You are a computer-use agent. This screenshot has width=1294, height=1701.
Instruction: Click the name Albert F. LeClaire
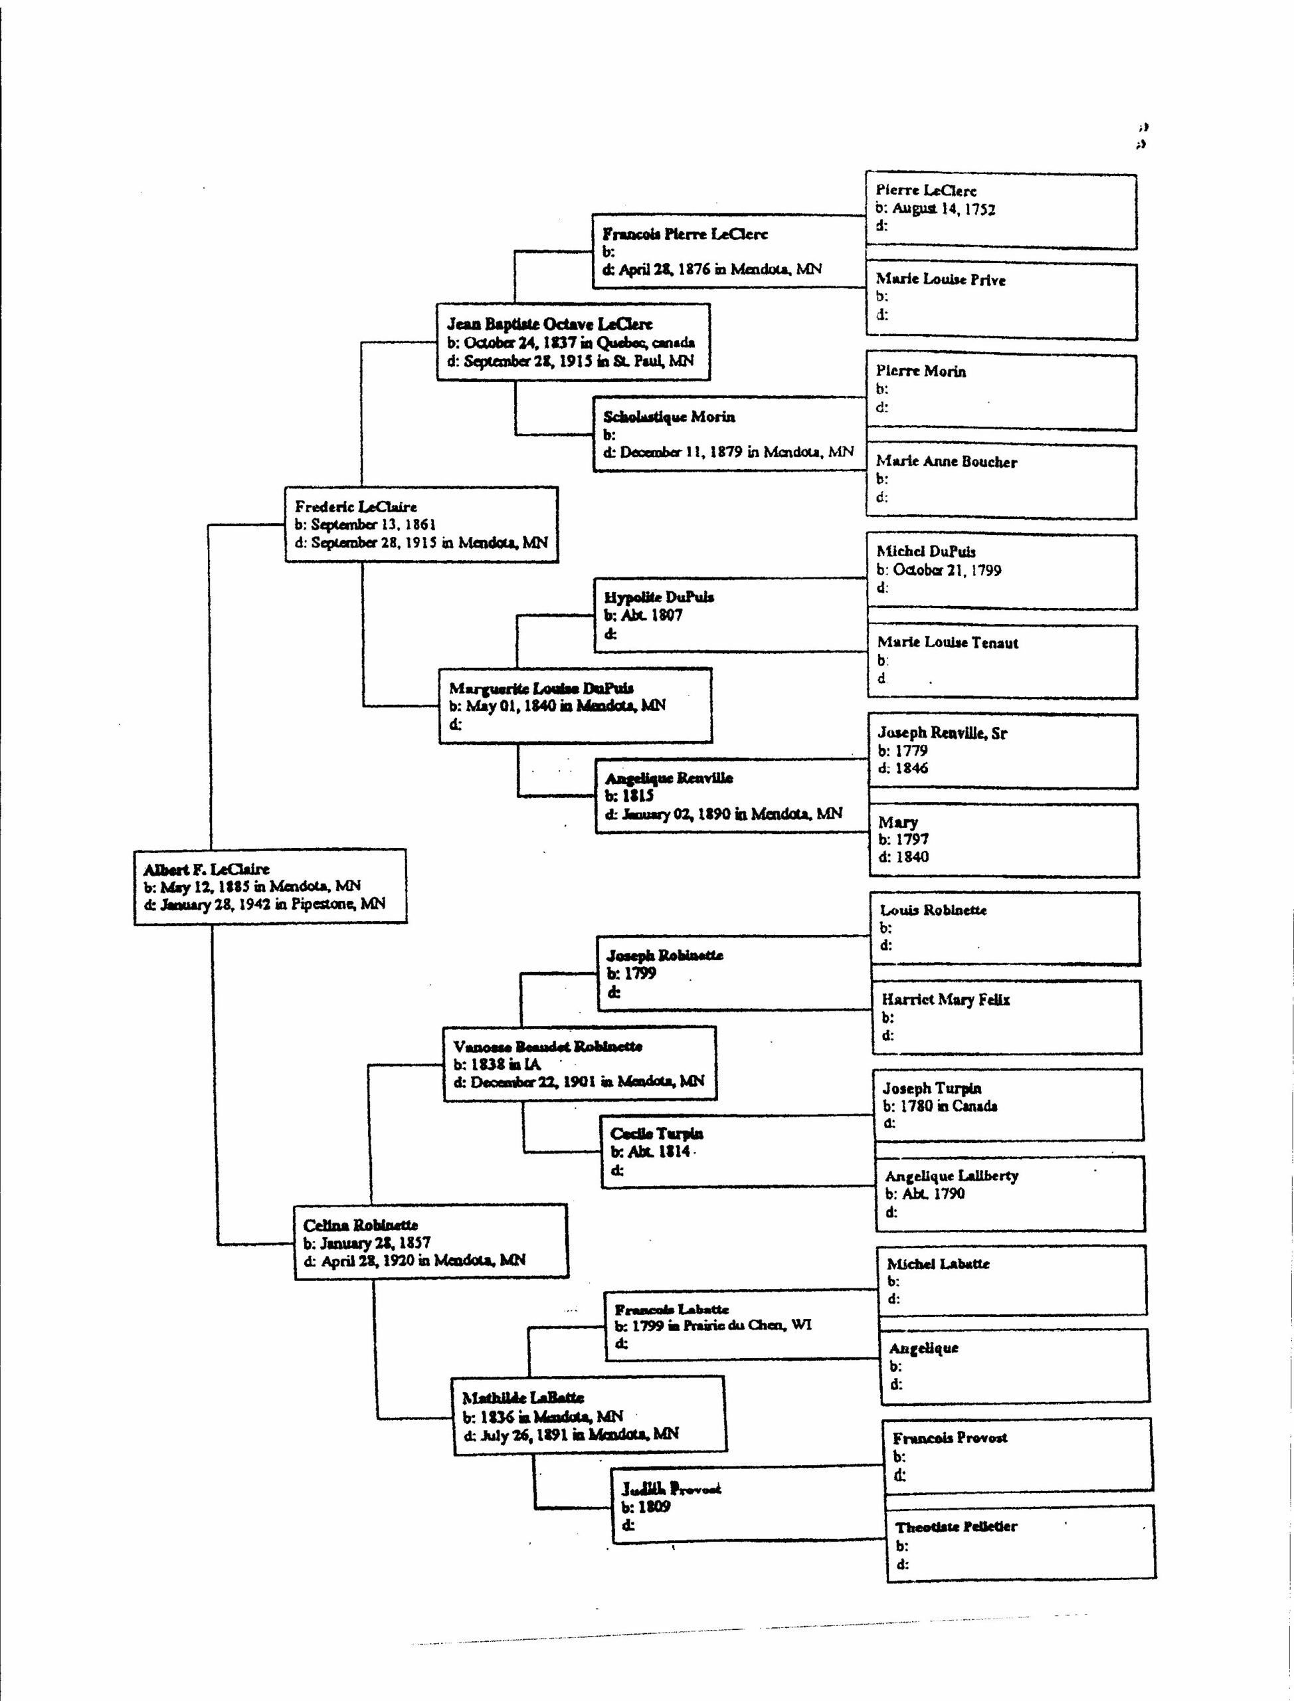(207, 869)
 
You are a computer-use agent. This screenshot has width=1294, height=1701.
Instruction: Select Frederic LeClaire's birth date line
(365, 525)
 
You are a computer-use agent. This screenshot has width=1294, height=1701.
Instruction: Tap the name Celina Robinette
(361, 1225)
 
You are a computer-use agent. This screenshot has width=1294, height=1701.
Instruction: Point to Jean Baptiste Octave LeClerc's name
(549, 324)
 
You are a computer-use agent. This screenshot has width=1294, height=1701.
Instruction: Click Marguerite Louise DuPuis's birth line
(557, 706)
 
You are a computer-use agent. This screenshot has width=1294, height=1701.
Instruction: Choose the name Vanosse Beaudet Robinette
(547, 1046)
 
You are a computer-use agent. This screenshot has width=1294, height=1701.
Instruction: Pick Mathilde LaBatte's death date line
(571, 1435)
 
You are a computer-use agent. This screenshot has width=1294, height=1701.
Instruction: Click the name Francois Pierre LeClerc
(685, 234)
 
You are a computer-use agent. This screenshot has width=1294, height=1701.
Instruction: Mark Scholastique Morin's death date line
(728, 452)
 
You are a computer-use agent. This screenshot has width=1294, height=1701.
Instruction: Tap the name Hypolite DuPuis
(658, 597)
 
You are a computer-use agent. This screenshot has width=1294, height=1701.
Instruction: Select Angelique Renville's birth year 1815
(629, 796)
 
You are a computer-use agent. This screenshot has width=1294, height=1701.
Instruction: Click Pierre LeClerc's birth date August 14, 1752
(935, 209)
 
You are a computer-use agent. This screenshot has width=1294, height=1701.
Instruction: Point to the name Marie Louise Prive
(941, 280)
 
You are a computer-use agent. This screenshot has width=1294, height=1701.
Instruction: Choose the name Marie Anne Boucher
(946, 461)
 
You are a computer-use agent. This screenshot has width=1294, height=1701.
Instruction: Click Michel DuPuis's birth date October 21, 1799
(939, 570)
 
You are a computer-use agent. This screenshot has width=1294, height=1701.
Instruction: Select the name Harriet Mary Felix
(945, 1000)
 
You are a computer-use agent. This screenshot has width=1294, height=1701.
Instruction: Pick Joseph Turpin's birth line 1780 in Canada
(940, 1106)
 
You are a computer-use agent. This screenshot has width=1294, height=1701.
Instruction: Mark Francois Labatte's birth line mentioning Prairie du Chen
(713, 1325)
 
